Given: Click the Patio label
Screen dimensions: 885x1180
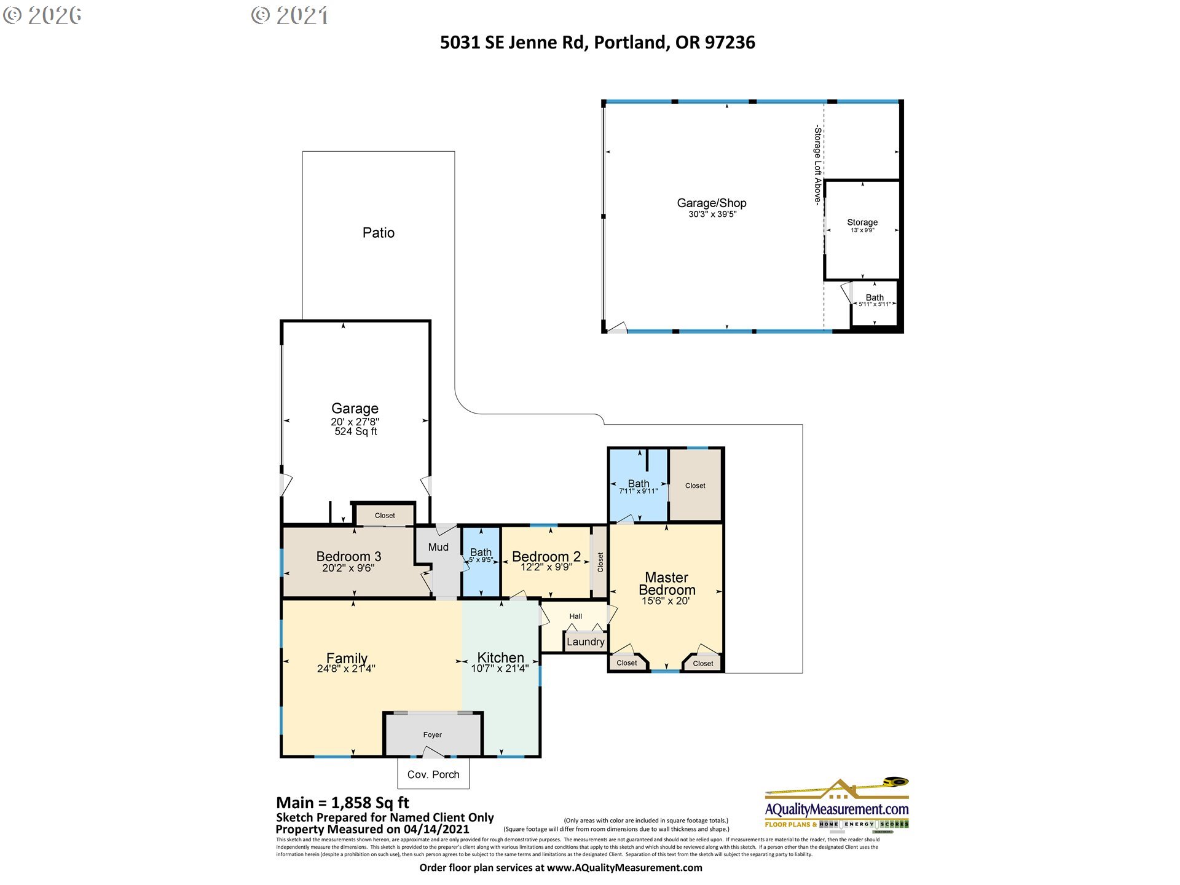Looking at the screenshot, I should (378, 232).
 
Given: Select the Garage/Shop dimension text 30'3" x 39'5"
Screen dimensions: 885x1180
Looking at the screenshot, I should (712, 214).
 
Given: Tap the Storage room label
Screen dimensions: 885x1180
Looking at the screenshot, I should (862, 222).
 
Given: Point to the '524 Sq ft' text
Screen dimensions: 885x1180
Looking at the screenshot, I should (355, 431).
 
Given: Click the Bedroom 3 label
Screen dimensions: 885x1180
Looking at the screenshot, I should (348, 556).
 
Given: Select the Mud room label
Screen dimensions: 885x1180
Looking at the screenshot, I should (438, 547).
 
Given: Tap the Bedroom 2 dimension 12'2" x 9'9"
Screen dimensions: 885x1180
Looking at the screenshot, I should (546, 567).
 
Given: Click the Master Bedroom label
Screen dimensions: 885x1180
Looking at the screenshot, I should (667, 583).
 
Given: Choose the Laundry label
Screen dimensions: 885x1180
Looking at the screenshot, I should (585, 642).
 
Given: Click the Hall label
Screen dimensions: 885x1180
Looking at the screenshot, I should (575, 616).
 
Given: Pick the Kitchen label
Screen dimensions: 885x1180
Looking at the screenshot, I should (500, 657).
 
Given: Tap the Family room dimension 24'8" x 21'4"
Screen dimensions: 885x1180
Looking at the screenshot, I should (346, 669).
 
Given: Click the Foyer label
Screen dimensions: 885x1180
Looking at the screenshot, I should (432, 734).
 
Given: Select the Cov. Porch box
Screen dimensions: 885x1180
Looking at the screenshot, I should (433, 774).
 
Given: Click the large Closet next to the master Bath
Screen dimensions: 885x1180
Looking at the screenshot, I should (695, 486).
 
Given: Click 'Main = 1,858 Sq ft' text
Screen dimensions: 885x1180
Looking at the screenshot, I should (342, 803).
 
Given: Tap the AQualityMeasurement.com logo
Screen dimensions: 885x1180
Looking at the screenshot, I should (836, 806).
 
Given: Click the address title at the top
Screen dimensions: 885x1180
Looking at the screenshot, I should (597, 42).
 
